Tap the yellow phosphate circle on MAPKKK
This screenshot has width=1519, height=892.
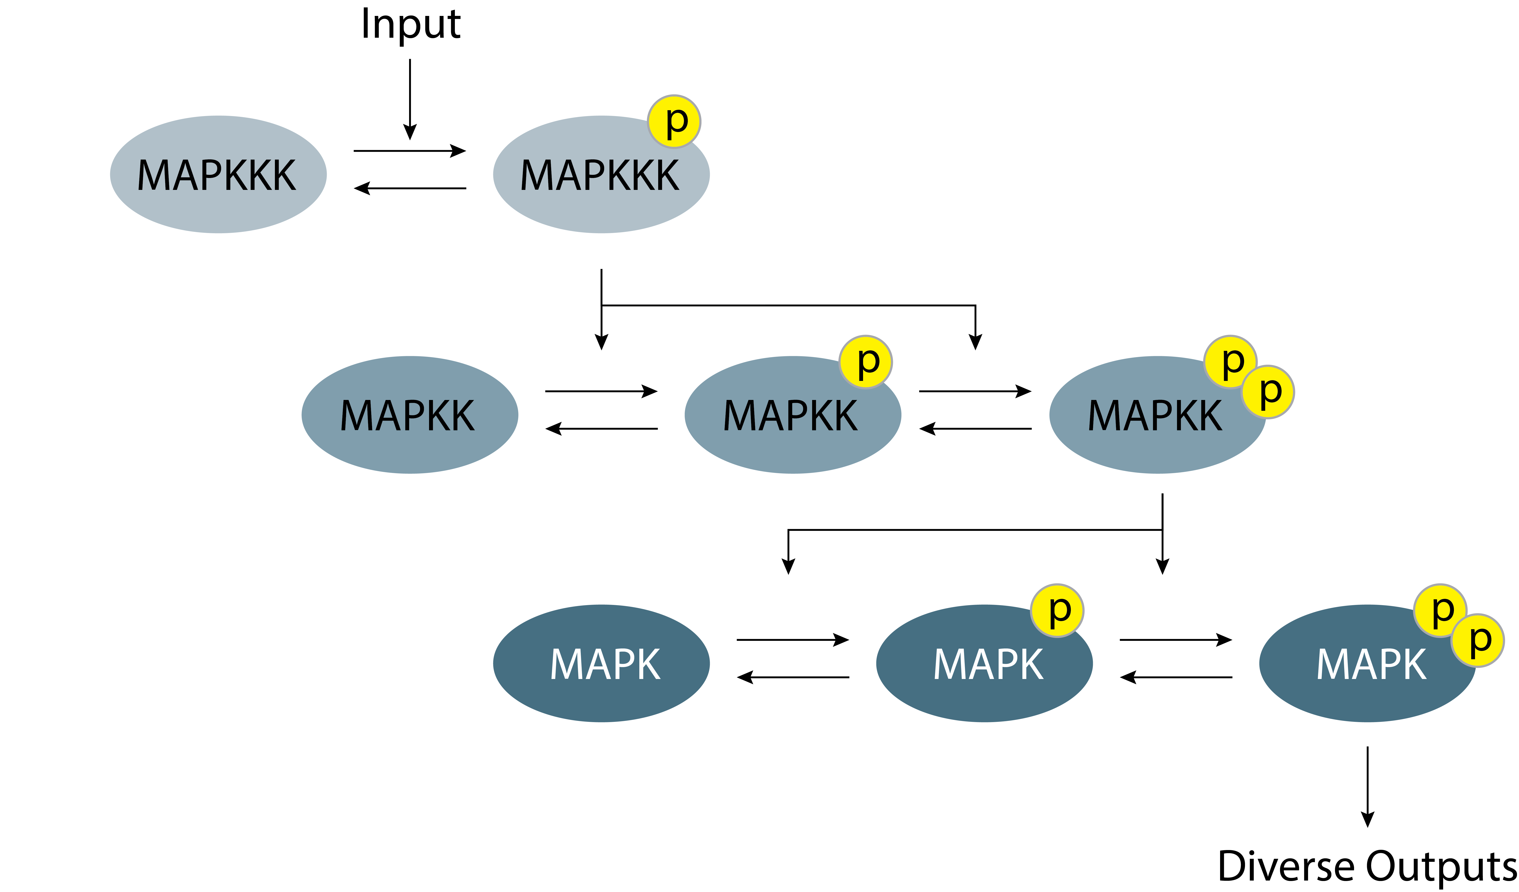point(674,121)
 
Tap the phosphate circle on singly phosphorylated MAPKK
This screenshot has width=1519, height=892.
point(866,362)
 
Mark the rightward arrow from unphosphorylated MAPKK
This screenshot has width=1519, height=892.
point(601,391)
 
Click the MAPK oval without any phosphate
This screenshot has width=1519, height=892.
point(601,664)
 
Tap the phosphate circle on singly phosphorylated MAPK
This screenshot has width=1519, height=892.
point(1057,610)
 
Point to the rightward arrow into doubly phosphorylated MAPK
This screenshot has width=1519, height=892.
point(1175,640)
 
